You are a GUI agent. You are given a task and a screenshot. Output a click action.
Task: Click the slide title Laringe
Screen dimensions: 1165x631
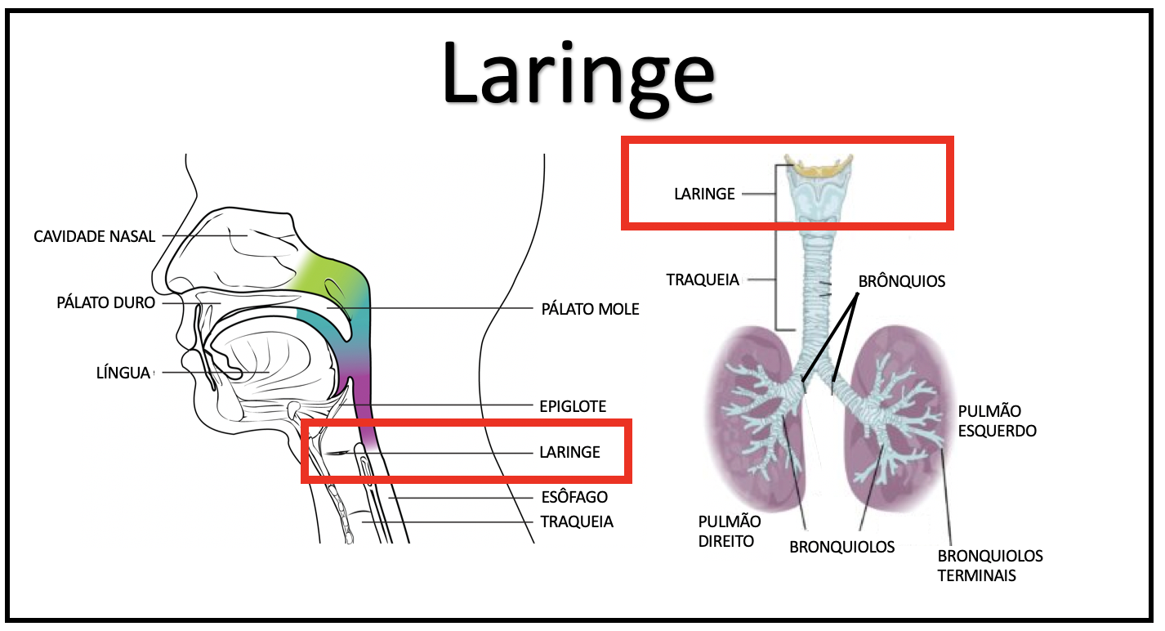[578, 78]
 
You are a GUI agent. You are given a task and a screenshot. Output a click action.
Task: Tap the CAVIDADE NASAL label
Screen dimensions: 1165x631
[94, 237]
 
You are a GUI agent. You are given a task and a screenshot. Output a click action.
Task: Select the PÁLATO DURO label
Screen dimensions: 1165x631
[105, 302]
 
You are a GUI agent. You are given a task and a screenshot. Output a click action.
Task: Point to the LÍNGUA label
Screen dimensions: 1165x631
[123, 373]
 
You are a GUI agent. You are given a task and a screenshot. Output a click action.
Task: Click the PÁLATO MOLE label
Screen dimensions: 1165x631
[590, 309]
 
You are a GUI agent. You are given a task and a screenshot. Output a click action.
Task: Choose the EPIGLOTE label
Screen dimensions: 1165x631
[573, 406]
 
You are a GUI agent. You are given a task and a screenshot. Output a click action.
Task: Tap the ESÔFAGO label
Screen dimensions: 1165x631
[574, 497]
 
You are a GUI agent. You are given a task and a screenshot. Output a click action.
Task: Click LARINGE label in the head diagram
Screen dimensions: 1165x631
[569, 452]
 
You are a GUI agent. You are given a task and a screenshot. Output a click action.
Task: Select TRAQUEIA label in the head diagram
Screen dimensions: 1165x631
[577, 521]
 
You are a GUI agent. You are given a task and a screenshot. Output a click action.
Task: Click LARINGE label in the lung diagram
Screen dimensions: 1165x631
[704, 194]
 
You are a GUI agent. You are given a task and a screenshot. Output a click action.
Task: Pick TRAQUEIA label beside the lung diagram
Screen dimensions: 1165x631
[703, 280]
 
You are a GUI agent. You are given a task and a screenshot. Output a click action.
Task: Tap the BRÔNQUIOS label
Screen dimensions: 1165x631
[901, 281]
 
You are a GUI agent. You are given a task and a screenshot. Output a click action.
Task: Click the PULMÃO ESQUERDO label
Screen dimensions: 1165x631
[997, 421]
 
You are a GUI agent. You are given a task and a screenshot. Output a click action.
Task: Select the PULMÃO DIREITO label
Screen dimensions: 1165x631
[730, 531]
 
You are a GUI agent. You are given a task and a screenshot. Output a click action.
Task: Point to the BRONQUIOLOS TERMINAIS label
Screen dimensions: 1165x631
[989, 566]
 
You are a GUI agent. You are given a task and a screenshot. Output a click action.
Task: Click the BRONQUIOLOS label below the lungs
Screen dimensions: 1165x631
[841, 547]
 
